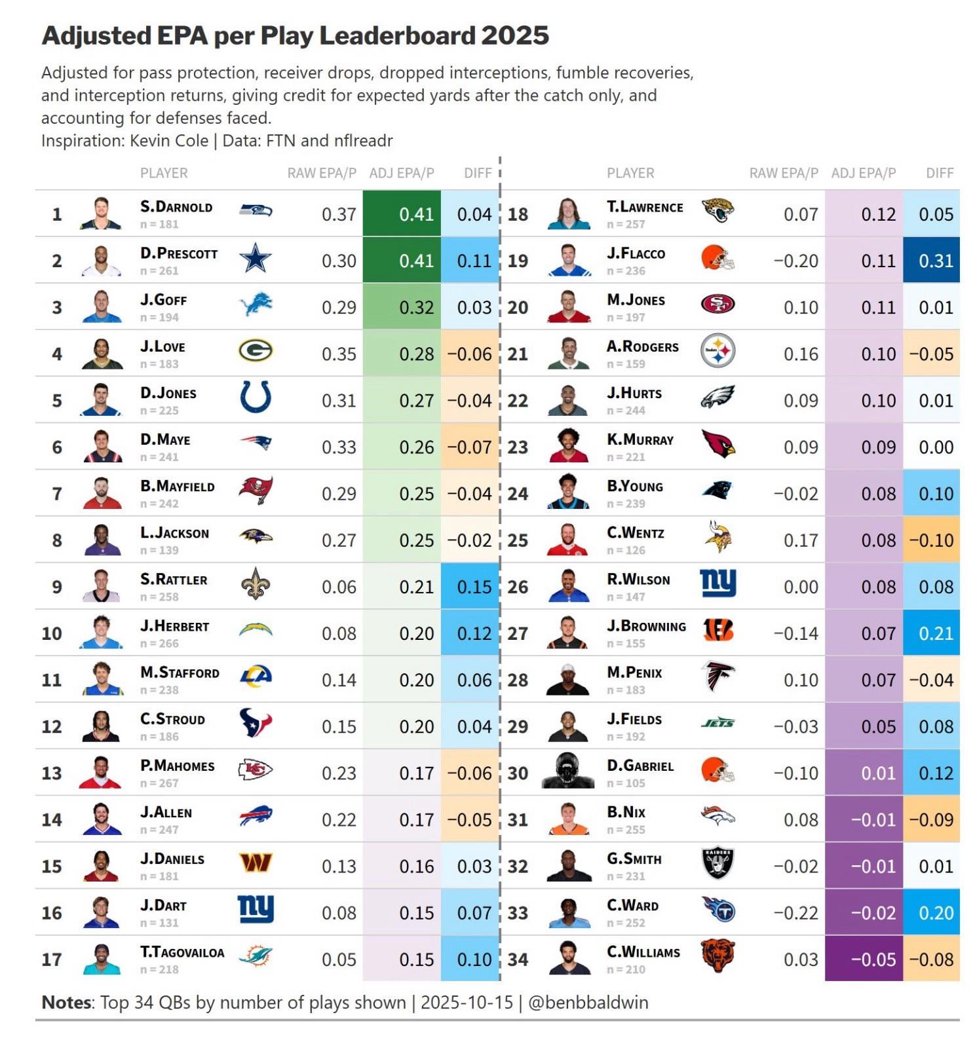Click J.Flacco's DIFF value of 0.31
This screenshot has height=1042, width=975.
[935, 261]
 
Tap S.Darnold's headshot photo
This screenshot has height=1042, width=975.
[102, 213]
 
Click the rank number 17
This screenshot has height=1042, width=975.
[52, 959]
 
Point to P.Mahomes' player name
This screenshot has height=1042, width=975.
[177, 766]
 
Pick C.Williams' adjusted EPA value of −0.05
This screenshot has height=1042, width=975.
[873, 959]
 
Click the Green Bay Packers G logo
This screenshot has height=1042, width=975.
[255, 352]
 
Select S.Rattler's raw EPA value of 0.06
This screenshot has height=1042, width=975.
[339, 587]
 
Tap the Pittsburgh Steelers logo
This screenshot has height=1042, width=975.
[717, 352]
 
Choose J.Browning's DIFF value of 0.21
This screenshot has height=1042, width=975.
[935, 633]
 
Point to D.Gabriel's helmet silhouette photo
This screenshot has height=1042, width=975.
[567, 771]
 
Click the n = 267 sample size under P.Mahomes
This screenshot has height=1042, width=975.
[159, 783]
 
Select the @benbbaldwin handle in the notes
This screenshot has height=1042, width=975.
[588, 1002]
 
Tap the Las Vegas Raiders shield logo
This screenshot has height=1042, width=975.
[717, 864]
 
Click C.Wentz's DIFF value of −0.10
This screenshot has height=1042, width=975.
[931, 540]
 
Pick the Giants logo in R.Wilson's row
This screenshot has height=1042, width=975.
[717, 582]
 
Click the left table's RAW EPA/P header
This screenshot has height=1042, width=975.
[322, 173]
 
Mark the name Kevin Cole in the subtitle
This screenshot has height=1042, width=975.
[169, 140]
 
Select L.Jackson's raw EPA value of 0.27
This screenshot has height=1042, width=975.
[339, 540]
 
